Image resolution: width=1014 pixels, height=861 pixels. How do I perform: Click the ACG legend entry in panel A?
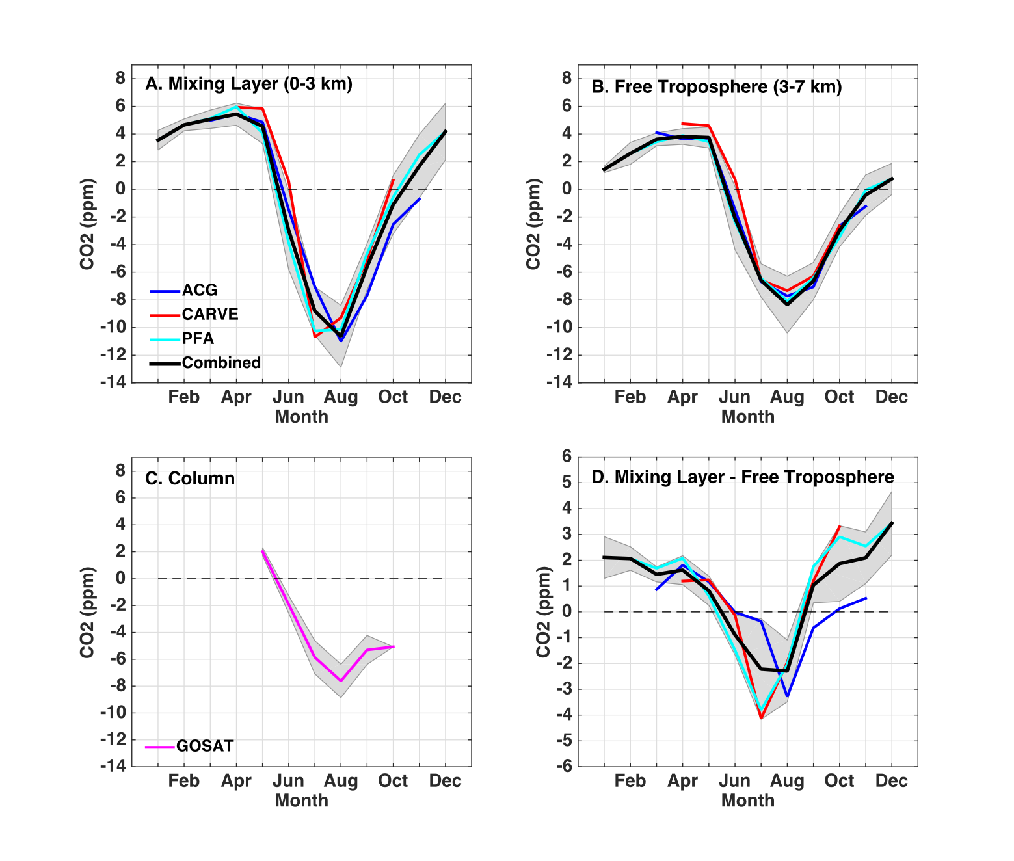tap(199, 291)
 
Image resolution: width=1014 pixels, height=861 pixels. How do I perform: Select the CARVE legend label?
tap(209, 315)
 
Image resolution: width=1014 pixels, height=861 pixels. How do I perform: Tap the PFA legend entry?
tap(198, 339)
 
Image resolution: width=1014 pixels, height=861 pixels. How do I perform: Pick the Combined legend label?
tap(221, 363)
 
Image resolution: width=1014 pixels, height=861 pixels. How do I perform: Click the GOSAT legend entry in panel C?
tap(204, 747)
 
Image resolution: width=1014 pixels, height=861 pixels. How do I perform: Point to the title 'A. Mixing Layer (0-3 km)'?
tap(248, 84)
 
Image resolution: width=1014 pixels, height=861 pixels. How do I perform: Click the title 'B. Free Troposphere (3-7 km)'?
tap(716, 87)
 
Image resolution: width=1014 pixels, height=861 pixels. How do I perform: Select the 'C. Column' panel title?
tap(189, 479)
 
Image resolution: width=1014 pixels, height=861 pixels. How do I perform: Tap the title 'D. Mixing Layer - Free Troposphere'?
tap(742, 477)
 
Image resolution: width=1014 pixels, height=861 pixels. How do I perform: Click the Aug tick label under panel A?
tap(341, 397)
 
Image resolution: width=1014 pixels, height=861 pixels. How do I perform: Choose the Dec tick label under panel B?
tap(891, 397)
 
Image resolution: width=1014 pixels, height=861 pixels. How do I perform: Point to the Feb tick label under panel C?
tap(183, 781)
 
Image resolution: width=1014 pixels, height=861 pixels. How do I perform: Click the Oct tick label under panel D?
tap(839, 781)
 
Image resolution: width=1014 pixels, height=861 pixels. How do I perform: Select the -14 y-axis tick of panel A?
tap(113, 382)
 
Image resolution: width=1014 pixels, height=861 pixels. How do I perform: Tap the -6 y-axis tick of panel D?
tap(563, 766)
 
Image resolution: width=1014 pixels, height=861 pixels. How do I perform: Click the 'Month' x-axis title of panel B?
tap(748, 417)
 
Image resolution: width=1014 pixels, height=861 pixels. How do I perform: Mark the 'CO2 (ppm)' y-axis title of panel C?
tap(87, 612)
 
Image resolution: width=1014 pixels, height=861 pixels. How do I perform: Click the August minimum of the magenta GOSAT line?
tap(341, 681)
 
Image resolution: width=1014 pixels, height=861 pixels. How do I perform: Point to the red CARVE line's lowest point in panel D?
tap(761, 718)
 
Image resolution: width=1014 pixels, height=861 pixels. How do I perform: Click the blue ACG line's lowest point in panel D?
tap(787, 696)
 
